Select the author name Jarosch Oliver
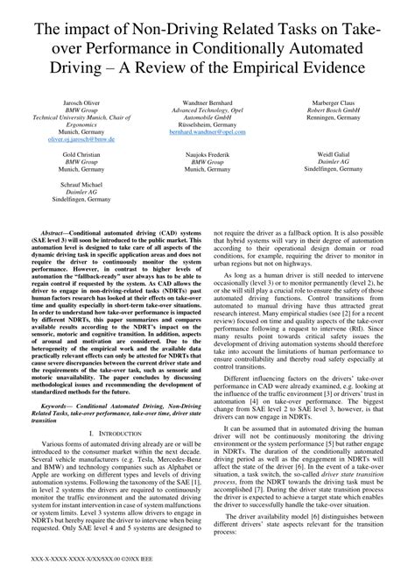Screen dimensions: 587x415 click(81, 103)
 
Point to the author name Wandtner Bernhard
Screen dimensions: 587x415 click(206, 103)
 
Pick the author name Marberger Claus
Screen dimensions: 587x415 click(334, 103)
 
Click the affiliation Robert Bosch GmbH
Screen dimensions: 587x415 click(334, 110)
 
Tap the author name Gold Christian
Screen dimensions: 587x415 click(81, 154)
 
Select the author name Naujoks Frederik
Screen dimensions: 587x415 click(206, 154)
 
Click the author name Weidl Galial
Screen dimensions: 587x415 click(334, 154)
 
